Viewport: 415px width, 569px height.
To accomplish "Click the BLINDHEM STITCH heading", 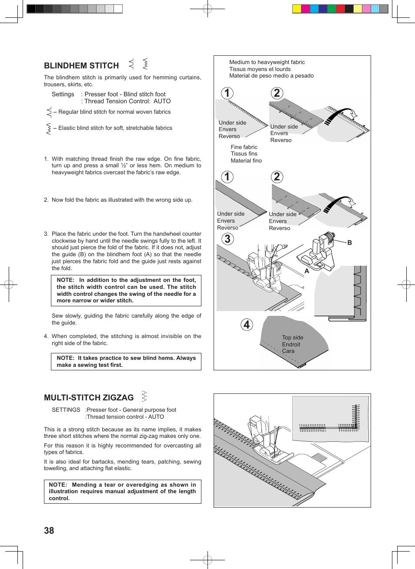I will [x=81, y=66].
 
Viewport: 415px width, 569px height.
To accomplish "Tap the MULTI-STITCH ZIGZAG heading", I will [x=89, y=398].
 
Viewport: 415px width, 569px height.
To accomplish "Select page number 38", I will [x=49, y=531].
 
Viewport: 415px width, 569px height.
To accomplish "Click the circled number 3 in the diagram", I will [x=227, y=239].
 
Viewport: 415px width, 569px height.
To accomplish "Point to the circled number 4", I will [x=247, y=325].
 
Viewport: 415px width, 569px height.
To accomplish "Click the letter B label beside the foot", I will [x=349, y=243].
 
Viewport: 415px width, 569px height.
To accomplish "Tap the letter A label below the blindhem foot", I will [x=307, y=271].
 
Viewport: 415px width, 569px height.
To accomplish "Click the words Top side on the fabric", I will [x=292, y=338].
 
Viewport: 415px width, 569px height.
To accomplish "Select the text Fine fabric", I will [x=244, y=147].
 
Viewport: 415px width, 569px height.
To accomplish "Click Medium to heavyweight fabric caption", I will [x=267, y=62].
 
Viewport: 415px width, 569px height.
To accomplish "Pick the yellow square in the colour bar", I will [x=297, y=9].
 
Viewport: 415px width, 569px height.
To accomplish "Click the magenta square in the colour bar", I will [x=305, y=9].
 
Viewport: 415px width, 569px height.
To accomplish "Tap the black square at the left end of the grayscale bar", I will [x=31, y=9].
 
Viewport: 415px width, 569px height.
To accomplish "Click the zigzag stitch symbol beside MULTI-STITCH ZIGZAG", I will [x=144, y=396].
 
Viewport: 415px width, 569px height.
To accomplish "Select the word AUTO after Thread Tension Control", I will [x=162, y=101].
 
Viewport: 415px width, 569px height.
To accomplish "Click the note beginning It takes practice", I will [x=126, y=362].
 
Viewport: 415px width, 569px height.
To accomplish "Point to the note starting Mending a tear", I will [x=122, y=491].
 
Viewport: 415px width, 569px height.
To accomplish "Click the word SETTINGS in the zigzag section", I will [x=66, y=410].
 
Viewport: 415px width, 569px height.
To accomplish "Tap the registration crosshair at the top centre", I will [x=207, y=9].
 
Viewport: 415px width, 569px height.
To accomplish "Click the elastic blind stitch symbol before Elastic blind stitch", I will [x=48, y=129].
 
